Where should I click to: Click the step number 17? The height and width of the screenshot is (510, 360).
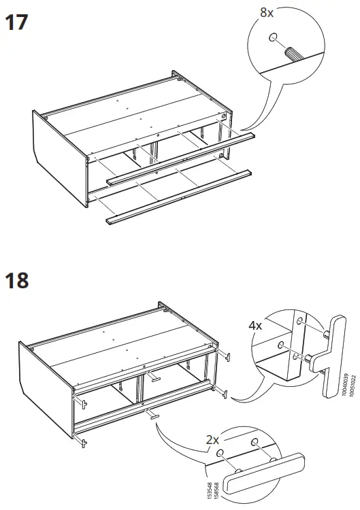click(17, 22)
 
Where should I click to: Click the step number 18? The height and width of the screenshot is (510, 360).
click(17, 279)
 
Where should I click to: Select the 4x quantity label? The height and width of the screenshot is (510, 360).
click(257, 326)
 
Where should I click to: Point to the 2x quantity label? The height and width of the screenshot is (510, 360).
click(214, 440)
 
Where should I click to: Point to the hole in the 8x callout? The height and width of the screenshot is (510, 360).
click(274, 38)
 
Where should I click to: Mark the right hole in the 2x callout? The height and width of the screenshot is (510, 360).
click(255, 443)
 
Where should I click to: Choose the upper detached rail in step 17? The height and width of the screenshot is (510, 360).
click(181, 159)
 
